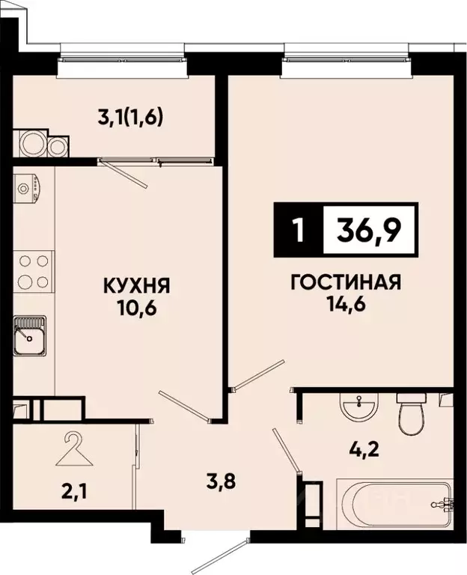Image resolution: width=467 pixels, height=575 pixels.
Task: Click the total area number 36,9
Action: tap(368, 230)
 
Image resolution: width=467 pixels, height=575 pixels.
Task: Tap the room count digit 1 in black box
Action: tap(299, 231)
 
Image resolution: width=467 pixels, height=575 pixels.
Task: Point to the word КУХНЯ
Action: tap(137, 285)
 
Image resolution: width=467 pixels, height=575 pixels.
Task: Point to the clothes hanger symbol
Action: tap(73, 448)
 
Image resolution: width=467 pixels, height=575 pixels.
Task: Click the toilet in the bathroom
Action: tap(411, 414)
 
